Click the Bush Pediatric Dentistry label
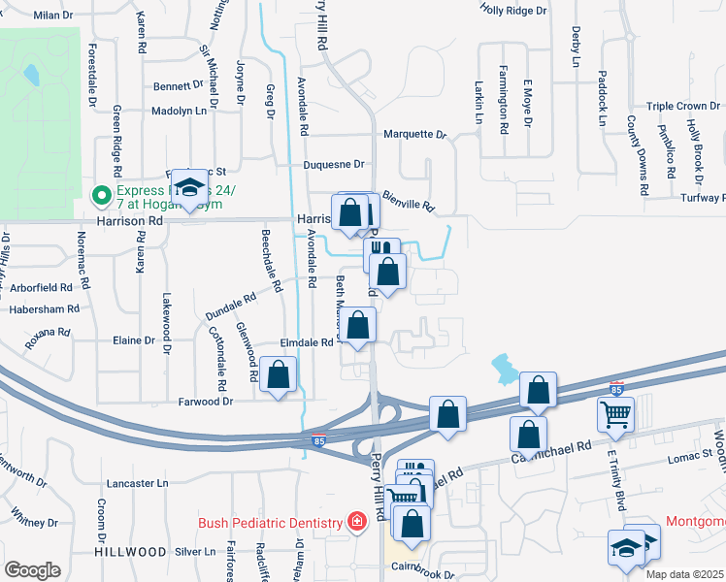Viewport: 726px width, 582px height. click(x=272, y=522)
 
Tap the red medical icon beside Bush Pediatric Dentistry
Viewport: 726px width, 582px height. click(x=357, y=523)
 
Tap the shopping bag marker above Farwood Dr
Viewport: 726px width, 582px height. click(x=279, y=375)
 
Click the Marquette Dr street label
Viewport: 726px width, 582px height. click(x=413, y=135)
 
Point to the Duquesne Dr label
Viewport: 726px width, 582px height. click(x=333, y=165)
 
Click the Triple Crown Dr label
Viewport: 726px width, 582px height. click(x=684, y=107)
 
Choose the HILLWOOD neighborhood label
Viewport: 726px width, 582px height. click(x=131, y=551)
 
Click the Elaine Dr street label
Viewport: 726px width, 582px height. click(x=134, y=340)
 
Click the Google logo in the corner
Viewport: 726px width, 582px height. click(x=33, y=570)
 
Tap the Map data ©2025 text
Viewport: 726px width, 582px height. click(x=685, y=574)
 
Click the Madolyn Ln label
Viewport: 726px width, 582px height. click(x=180, y=112)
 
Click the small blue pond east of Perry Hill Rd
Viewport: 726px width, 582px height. click(x=504, y=367)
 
